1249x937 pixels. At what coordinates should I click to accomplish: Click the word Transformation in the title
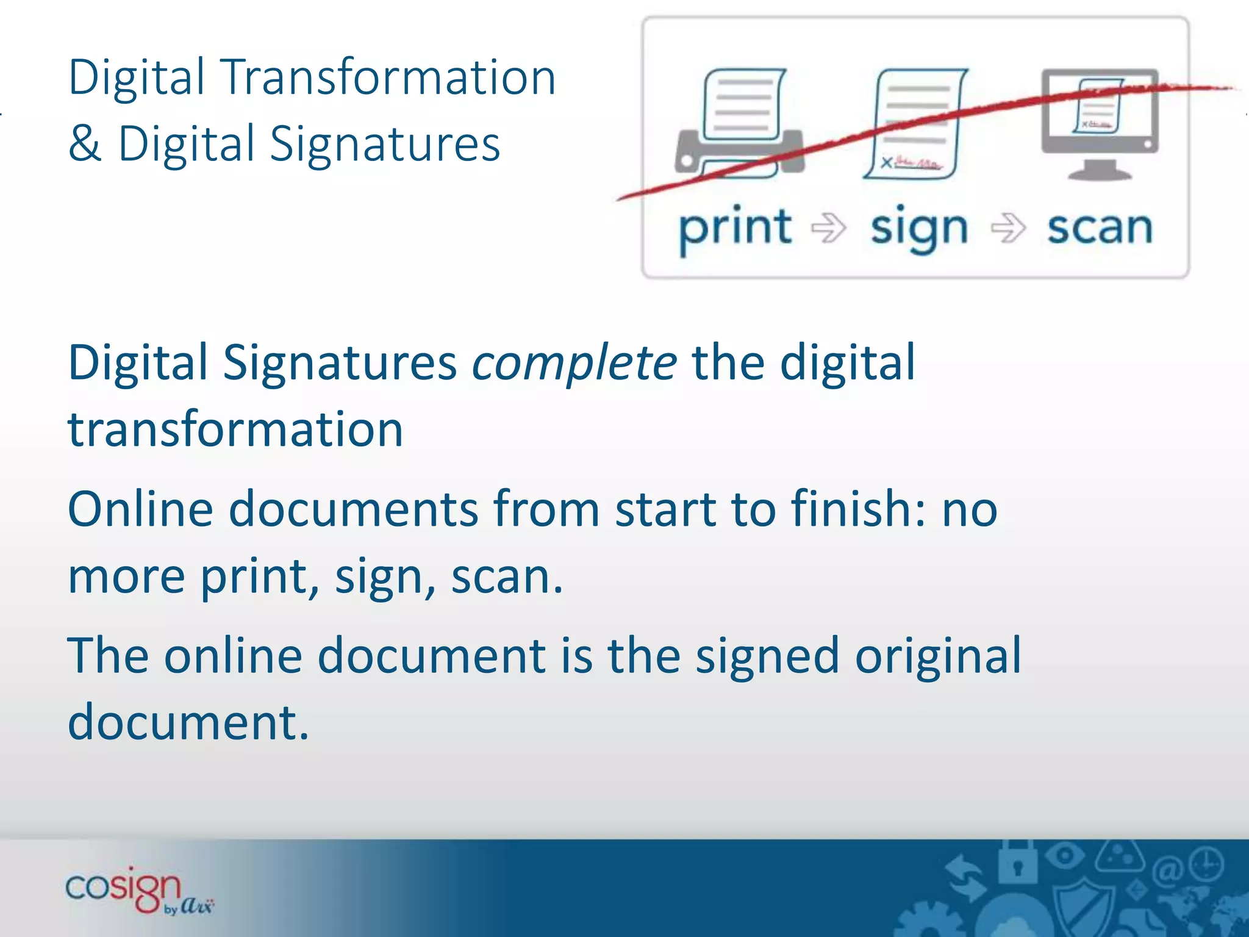[390, 77]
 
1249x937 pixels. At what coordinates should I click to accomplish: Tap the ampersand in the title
[85, 144]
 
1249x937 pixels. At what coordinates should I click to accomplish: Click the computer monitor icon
[1100, 122]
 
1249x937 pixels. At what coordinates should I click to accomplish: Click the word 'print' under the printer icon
[735, 229]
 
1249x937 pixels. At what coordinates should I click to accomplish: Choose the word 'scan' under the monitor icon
[1100, 229]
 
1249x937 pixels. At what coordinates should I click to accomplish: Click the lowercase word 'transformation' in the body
[235, 429]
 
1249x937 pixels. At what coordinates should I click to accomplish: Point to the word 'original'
[937, 656]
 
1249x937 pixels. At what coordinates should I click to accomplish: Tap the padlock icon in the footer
[1016, 861]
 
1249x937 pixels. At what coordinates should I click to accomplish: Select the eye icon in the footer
[1064, 855]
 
